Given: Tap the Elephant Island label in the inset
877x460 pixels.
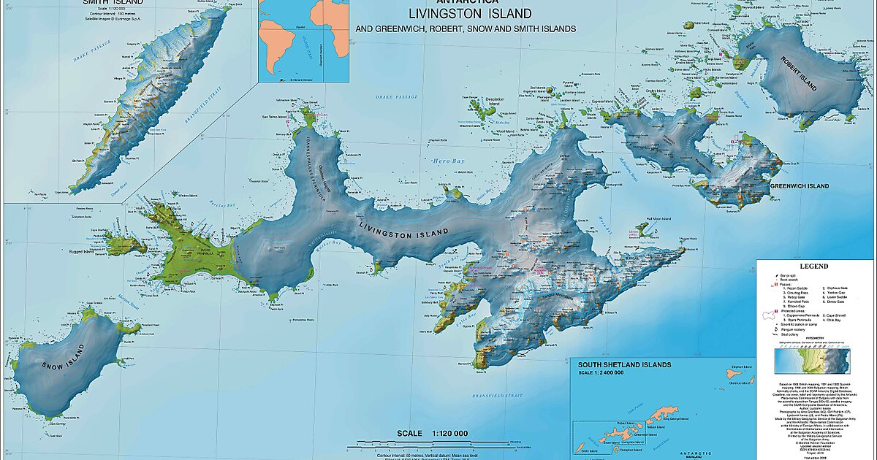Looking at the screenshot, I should tap(741, 367).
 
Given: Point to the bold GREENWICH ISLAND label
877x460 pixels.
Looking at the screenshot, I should tap(800, 186).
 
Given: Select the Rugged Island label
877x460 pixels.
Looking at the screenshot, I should tap(94, 253).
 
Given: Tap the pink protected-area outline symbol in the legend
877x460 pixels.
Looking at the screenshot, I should tap(767, 315).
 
